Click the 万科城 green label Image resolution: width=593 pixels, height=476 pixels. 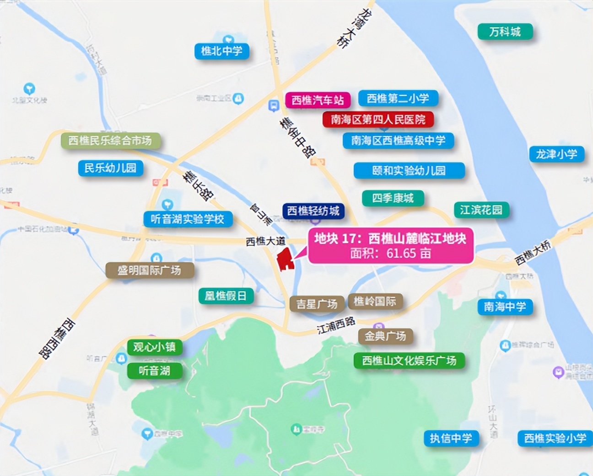pyautogui.click(x=505, y=32)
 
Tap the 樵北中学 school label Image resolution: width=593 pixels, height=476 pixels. pyautogui.click(x=222, y=51)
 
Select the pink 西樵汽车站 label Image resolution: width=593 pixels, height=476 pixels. pyautogui.click(x=318, y=100)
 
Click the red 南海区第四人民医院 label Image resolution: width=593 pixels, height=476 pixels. pyautogui.click(x=378, y=120)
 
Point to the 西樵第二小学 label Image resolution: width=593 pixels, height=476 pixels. pyautogui.click(x=398, y=98)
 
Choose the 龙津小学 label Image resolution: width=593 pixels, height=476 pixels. pyautogui.click(x=556, y=154)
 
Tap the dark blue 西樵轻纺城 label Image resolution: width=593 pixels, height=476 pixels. pyautogui.click(x=313, y=211)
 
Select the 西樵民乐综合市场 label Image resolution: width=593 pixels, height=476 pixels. pyautogui.click(x=110, y=140)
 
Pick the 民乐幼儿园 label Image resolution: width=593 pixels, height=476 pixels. pyautogui.click(x=110, y=168)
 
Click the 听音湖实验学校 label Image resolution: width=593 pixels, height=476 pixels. pyautogui.click(x=188, y=219)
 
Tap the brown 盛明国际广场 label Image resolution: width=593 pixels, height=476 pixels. pyautogui.click(x=149, y=270)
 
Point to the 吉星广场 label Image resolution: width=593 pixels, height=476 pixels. pyautogui.click(x=317, y=304)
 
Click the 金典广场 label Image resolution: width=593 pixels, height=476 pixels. pyautogui.click(x=385, y=336)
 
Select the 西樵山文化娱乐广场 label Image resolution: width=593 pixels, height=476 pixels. pyautogui.click(x=409, y=360)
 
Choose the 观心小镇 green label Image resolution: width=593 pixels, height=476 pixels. pyautogui.click(x=154, y=347)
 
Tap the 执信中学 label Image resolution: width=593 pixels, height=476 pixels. pyautogui.click(x=451, y=438)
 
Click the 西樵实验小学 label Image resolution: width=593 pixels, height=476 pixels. pyautogui.click(x=555, y=438)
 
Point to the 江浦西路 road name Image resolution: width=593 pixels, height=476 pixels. pyautogui.click(x=336, y=325)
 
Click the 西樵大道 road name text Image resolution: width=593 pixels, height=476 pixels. pyautogui.click(x=265, y=241)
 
